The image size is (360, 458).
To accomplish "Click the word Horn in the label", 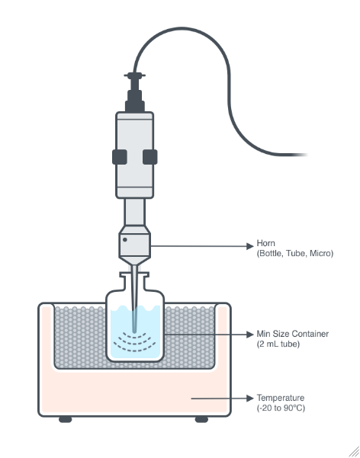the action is pyautogui.click(x=265, y=243).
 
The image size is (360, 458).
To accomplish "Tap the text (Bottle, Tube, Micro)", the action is pyautogui.click(x=294, y=253).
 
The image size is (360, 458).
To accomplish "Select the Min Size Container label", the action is pyautogui.click(x=292, y=334).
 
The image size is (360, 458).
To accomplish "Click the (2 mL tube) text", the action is pyautogui.click(x=278, y=344).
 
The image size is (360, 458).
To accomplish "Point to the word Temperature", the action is pyautogui.click(x=281, y=398).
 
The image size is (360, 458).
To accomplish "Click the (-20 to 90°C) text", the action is pyautogui.click(x=281, y=408).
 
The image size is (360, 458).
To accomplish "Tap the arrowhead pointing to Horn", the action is pyautogui.click(x=249, y=246).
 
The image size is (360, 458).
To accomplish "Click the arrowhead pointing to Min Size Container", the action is pyautogui.click(x=249, y=334).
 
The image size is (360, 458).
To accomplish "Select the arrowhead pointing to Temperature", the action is pyautogui.click(x=249, y=398).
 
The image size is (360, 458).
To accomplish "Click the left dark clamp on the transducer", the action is pyautogui.click(x=120, y=157).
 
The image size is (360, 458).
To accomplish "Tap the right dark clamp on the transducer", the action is pyautogui.click(x=149, y=157).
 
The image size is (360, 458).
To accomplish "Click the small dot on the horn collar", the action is pyautogui.click(x=125, y=239).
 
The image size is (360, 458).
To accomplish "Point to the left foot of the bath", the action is pyautogui.click(x=66, y=419).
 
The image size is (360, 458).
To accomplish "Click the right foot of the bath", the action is pyautogui.click(x=201, y=419).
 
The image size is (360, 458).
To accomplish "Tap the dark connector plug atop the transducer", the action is pyautogui.click(x=135, y=93).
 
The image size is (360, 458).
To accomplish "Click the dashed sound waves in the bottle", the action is pyautogui.click(x=134, y=341).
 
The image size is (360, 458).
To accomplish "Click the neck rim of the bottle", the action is pyautogui.click(x=134, y=274).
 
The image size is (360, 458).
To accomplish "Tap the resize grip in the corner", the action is pyautogui.click(x=354, y=451).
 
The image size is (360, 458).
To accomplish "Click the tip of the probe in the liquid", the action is pyautogui.click(x=134, y=331).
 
